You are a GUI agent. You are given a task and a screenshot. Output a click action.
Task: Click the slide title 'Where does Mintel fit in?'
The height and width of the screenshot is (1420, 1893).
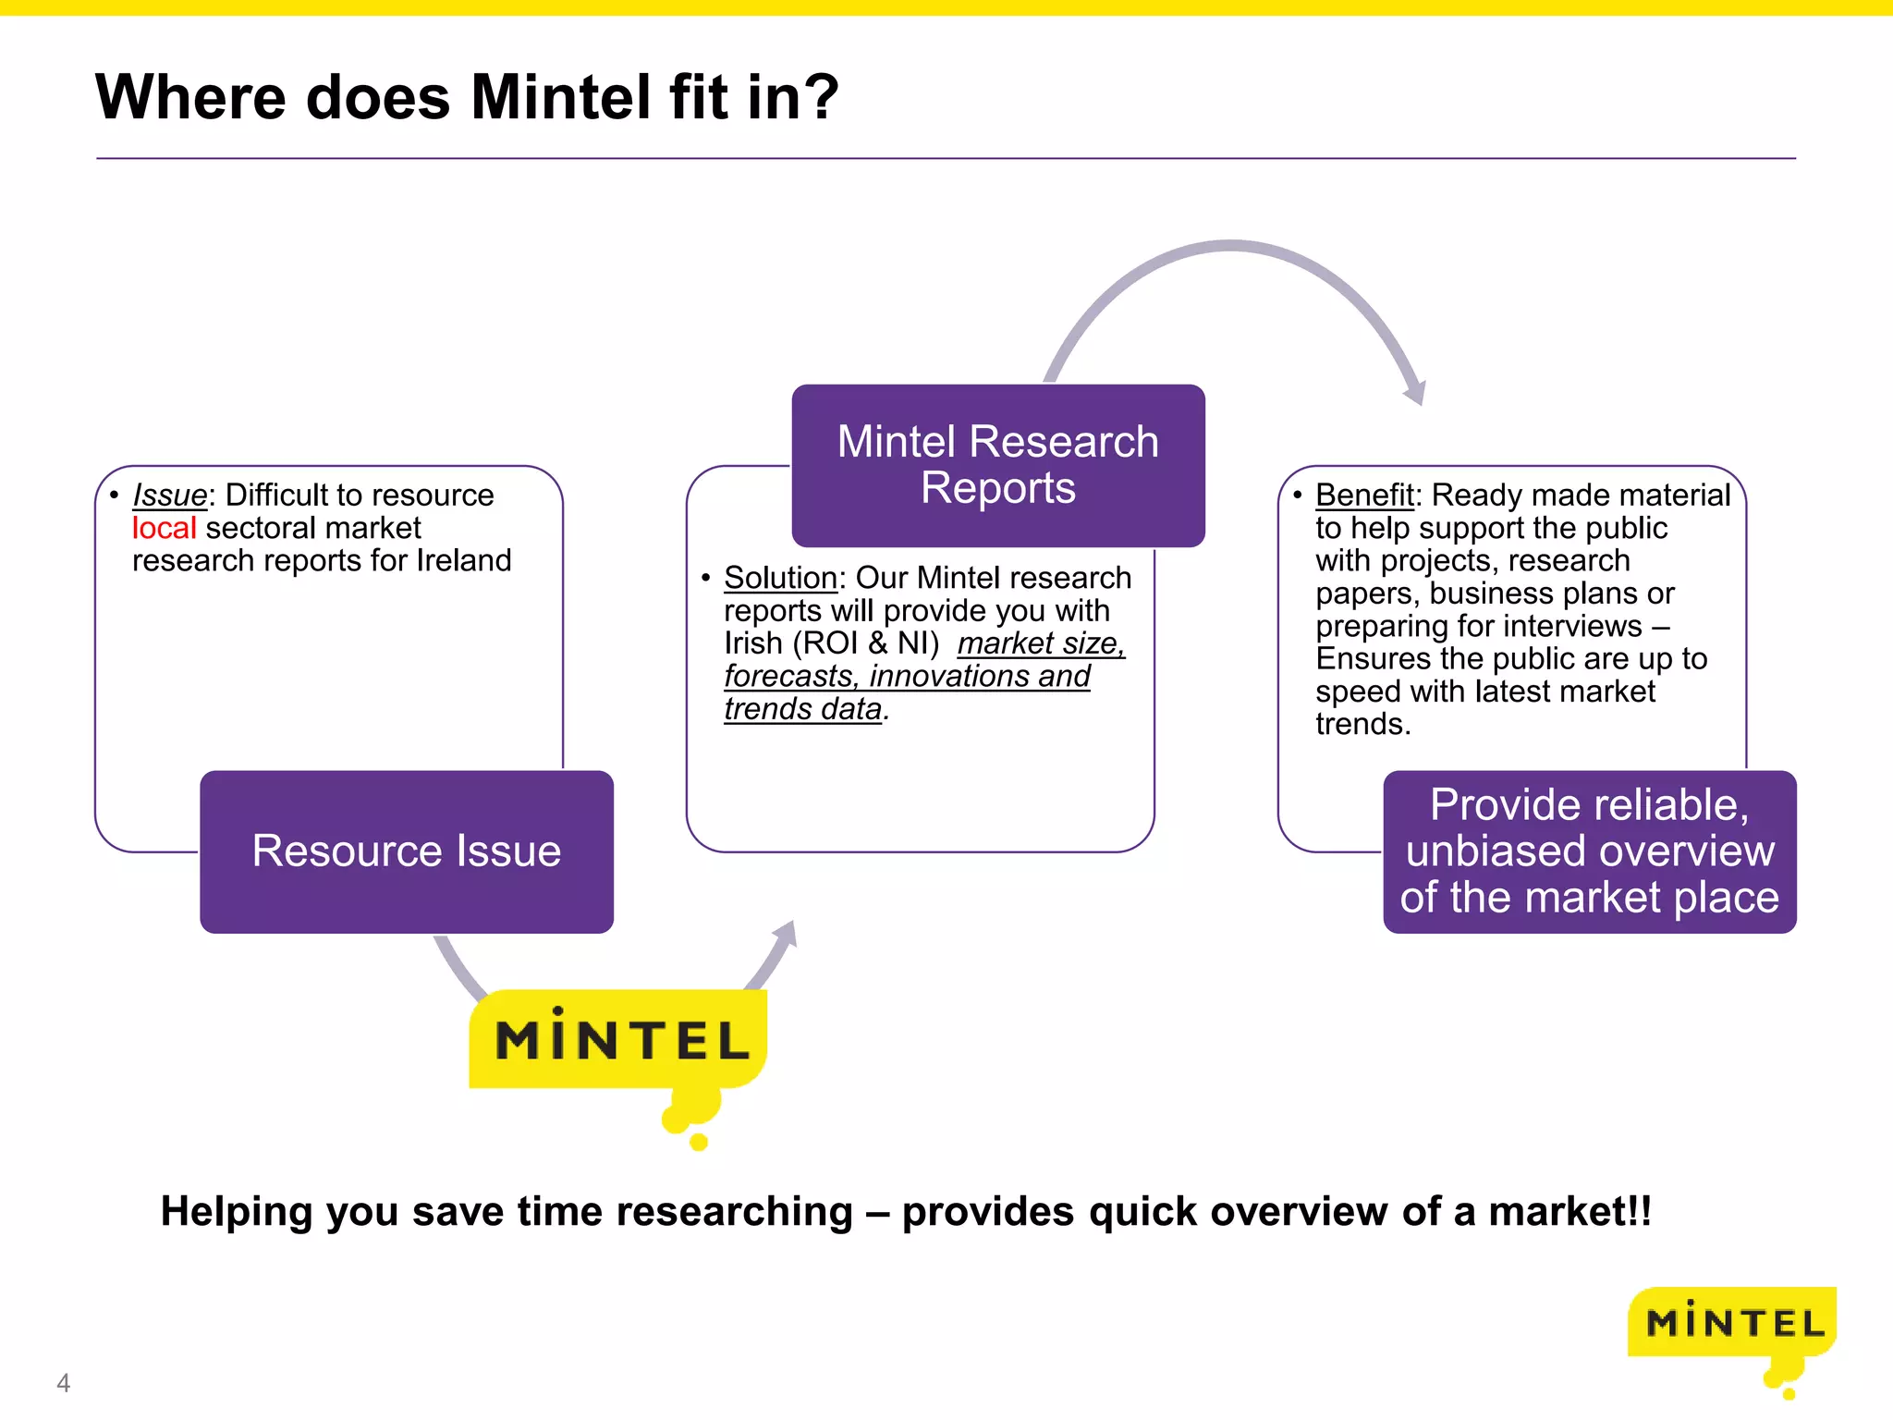coord(467,97)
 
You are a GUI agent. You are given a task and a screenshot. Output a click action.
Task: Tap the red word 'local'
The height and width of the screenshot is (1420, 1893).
coord(164,528)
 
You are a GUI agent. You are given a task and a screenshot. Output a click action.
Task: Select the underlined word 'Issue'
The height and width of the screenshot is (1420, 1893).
coord(170,496)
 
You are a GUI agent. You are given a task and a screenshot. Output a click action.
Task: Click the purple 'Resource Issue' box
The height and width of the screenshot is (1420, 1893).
coord(407,851)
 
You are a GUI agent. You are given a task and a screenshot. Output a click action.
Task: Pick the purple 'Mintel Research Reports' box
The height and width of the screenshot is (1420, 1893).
coord(998,465)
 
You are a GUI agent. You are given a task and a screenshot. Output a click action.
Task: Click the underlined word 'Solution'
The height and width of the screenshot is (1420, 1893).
coord(780,578)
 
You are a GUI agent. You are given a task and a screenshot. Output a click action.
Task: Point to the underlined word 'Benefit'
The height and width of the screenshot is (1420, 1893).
coord(1364,496)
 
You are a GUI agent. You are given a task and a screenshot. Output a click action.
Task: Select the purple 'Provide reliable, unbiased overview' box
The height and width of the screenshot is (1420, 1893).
coord(1589,851)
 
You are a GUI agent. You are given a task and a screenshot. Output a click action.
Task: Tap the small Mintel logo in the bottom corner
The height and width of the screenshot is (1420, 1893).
coord(1732,1325)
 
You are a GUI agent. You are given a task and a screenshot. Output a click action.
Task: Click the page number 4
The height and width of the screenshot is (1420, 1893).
coord(63,1383)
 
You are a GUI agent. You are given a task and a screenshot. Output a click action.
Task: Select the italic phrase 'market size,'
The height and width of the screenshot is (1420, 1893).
coord(1041,643)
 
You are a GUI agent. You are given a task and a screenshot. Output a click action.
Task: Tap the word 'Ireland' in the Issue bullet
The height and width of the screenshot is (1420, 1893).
coord(463,561)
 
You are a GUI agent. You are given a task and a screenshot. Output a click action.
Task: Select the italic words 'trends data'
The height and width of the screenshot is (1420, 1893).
coord(802,709)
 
